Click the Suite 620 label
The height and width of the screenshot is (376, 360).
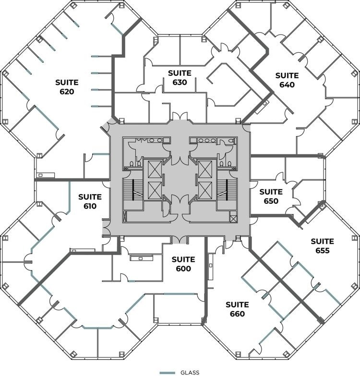pos(67,87)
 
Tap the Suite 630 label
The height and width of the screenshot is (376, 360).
pos(180,77)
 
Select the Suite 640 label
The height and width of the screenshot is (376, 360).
pos(287,80)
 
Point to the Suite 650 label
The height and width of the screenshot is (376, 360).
pos(271,197)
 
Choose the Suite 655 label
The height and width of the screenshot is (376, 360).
pos(322,246)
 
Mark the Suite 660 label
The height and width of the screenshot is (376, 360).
pos(237,309)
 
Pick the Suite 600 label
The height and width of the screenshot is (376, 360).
pos(183,264)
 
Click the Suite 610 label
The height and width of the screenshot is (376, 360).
pos(90,201)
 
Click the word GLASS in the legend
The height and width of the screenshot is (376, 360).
pos(190,372)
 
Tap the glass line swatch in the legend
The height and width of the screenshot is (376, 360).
pos(167,372)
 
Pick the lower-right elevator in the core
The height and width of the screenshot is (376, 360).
pos(205,190)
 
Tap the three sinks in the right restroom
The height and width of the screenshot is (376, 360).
pos(206,141)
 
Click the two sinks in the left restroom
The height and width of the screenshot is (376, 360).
pos(155,141)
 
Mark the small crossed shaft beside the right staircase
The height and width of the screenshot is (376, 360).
pos(233,219)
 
